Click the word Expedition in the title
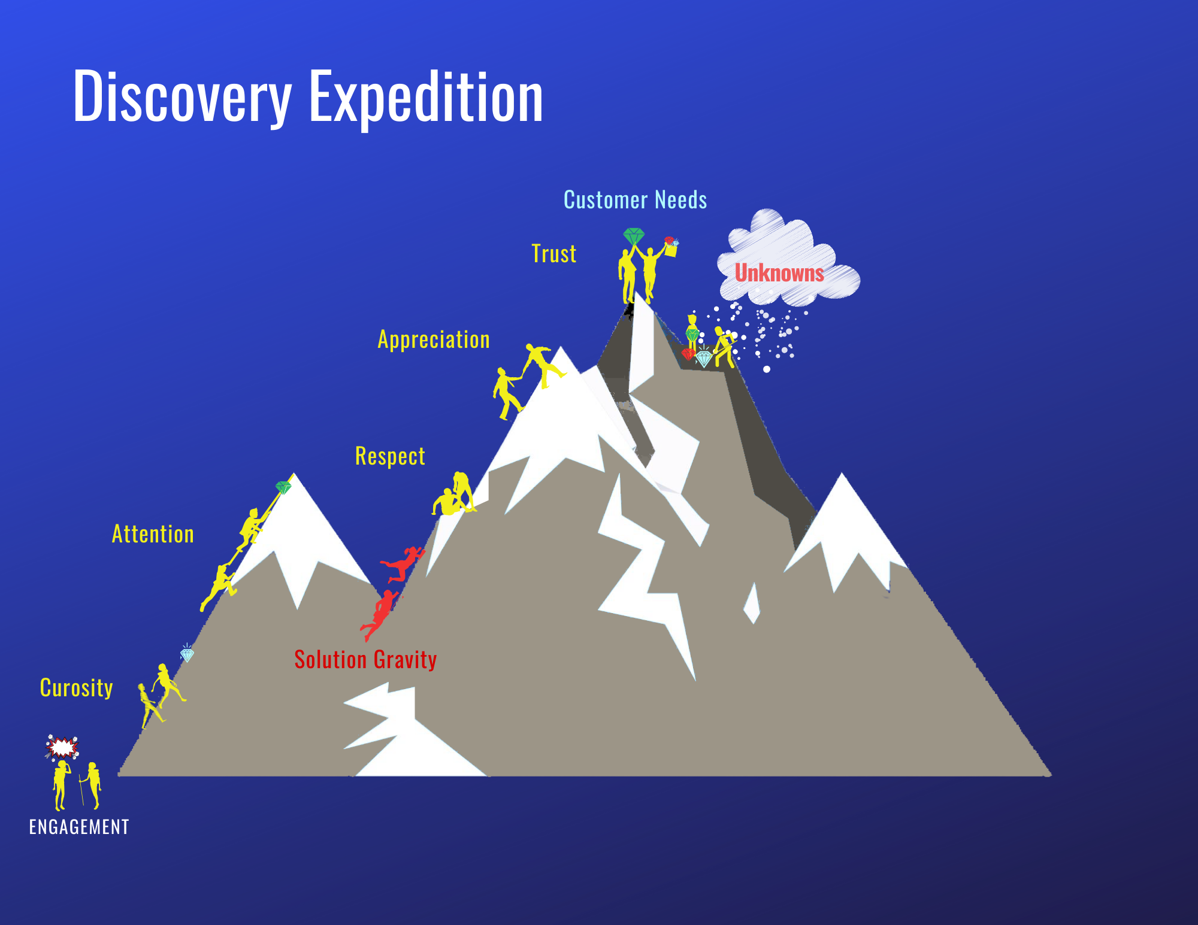pos(426,98)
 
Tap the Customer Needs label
pos(635,200)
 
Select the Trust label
pos(554,254)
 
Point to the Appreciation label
pos(434,340)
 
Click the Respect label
pos(390,456)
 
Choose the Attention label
pos(153,534)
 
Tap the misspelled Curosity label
pos(76,688)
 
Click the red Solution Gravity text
pos(365,660)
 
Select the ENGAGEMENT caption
pos(79,827)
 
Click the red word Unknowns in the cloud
pos(779,274)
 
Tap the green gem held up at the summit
pos(633,236)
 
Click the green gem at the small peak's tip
pos(283,487)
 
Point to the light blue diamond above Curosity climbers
pos(187,655)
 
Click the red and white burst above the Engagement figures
pos(62,748)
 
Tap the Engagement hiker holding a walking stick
pos(92,784)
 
